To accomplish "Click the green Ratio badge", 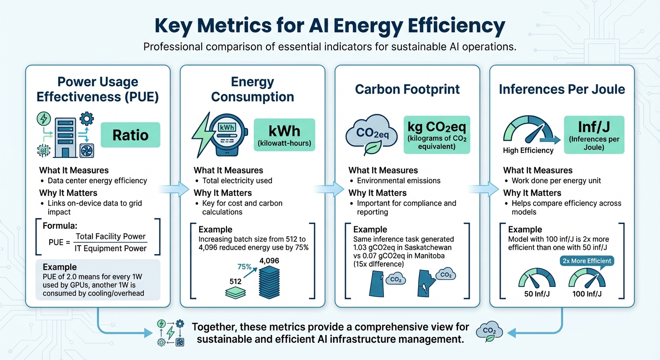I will pyautogui.click(x=130, y=135).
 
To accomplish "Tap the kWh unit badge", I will pyautogui.click(x=284, y=135).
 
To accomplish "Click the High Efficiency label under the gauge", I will pyautogui.click(x=528, y=150).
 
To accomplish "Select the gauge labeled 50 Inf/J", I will pyautogui.click(x=537, y=279).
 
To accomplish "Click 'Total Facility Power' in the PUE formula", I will pyautogui.click(x=111, y=236).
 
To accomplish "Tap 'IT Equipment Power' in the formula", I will pyautogui.click(x=111, y=248).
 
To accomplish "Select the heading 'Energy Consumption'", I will pyautogui.click(x=252, y=89).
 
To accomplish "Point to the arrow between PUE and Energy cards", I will pyautogui.click(x=169, y=189).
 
